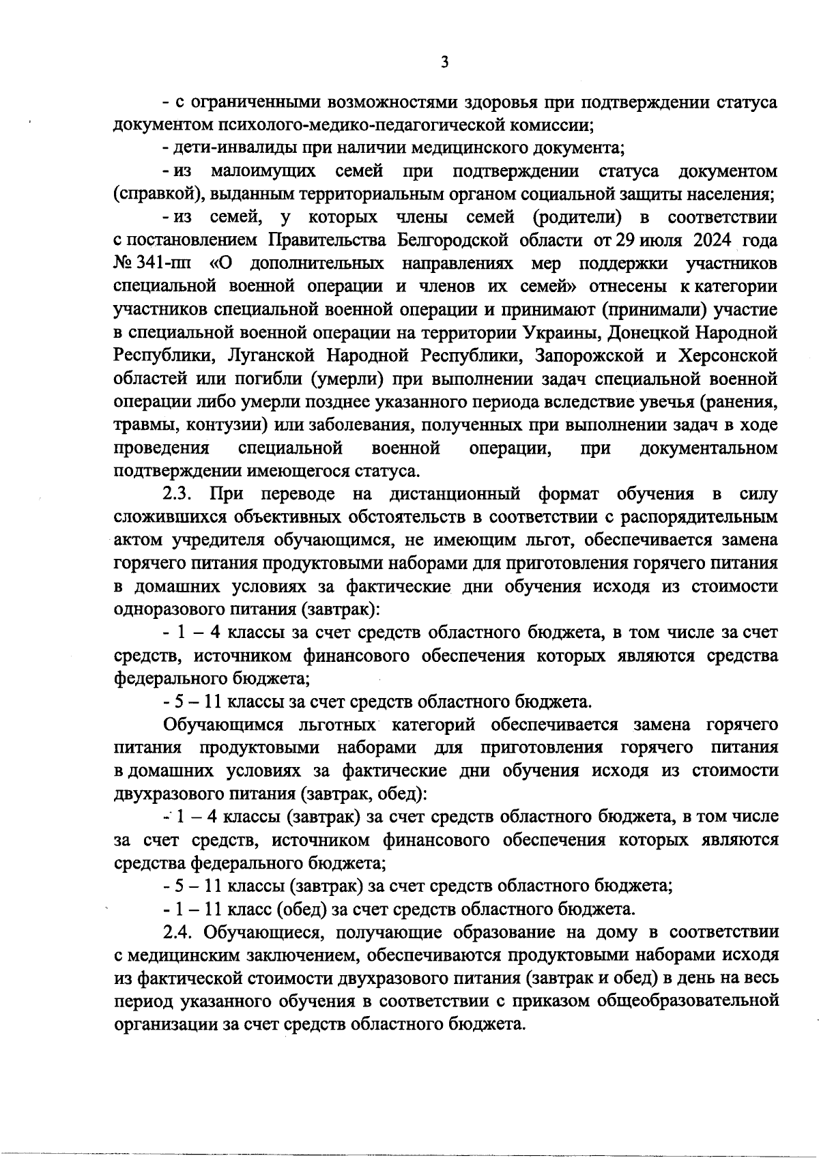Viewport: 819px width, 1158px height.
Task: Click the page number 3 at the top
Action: (444, 63)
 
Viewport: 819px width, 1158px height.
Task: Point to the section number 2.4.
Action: (179, 933)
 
